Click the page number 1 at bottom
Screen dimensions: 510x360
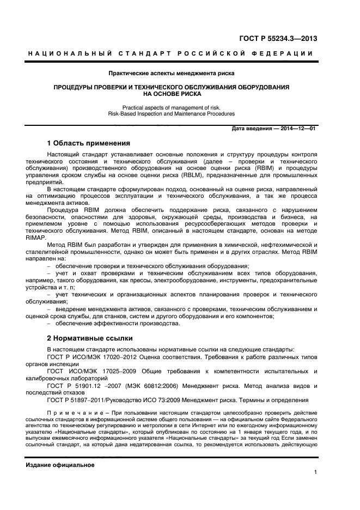click(x=315, y=473)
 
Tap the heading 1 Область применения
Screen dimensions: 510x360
click(x=88, y=144)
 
